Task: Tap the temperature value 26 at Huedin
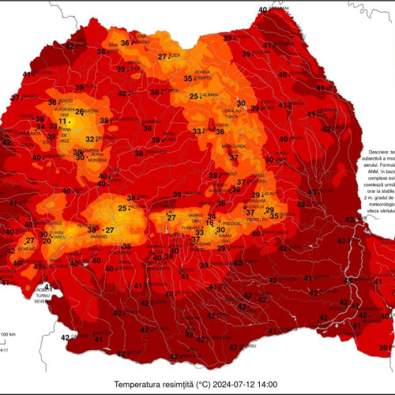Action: click(x=79, y=111)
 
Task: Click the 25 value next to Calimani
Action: click(x=194, y=96)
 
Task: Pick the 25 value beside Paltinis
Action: click(x=122, y=209)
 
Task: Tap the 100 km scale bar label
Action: click(x=8, y=335)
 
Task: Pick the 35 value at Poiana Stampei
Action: click(x=188, y=79)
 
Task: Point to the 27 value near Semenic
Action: click(x=30, y=242)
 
